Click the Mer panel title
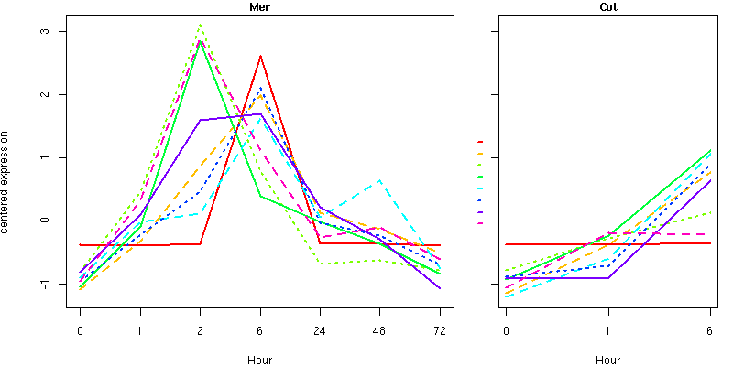[259, 7]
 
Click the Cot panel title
[607, 7]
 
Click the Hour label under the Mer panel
[259, 360]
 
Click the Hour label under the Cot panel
[607, 360]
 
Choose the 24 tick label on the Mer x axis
[320, 329]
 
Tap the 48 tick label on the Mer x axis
[379, 329]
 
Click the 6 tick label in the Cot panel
[710, 329]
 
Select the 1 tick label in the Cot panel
[607, 329]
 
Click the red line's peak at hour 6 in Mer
[260, 56]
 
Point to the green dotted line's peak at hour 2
[200, 24]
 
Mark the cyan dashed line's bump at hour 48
[379, 180]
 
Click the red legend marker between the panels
[480, 142]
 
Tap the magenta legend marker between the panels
[480, 223]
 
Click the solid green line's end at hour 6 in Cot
[710, 151]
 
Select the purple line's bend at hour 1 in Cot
[607, 277]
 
